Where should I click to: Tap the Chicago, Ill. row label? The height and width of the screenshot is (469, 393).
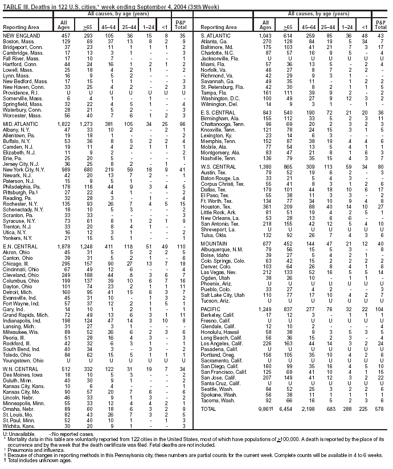[15, 264]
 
